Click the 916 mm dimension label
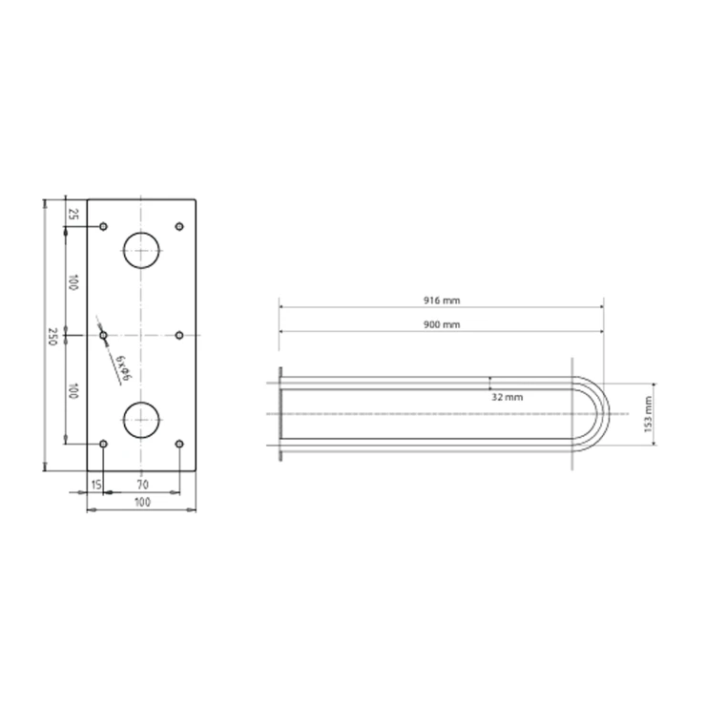(442, 301)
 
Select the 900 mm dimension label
(442, 324)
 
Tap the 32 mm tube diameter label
(507, 397)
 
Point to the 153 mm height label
(648, 414)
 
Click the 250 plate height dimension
(52, 337)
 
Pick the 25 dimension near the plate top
(73, 214)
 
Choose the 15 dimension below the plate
(96, 485)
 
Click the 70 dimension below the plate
(142, 485)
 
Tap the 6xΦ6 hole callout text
(122, 368)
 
